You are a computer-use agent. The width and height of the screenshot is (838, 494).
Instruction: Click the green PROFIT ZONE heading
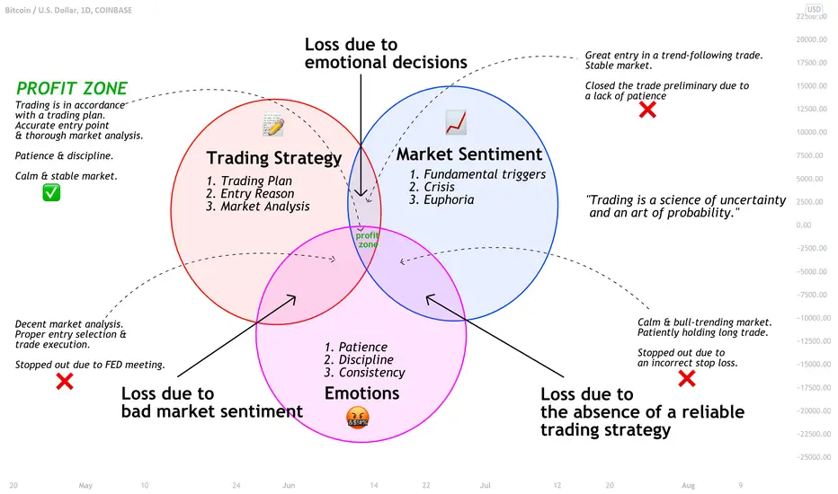(x=72, y=88)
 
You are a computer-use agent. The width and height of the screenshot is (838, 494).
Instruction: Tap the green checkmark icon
(x=51, y=192)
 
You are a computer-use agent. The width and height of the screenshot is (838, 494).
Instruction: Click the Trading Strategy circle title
(x=273, y=158)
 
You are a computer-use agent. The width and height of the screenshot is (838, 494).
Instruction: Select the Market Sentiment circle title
(x=469, y=154)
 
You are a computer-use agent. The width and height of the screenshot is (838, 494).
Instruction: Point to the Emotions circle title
(x=361, y=393)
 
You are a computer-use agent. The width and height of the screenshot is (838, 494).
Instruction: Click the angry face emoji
(x=358, y=417)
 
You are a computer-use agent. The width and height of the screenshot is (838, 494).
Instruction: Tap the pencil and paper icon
(x=273, y=125)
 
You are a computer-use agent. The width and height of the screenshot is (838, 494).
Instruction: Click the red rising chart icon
(x=456, y=122)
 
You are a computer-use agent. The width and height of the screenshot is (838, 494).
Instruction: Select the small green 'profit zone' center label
(x=367, y=240)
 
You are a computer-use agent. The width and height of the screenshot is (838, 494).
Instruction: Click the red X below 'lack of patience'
(x=647, y=110)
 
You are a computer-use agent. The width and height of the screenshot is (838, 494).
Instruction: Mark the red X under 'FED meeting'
(x=65, y=382)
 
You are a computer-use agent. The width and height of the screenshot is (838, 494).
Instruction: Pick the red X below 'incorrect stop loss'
(x=687, y=379)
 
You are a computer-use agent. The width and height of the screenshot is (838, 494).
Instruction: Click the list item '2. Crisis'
(x=432, y=187)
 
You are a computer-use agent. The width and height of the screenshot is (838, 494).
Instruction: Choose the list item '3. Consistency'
(x=364, y=372)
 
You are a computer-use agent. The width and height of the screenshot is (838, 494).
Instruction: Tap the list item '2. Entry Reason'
(x=250, y=193)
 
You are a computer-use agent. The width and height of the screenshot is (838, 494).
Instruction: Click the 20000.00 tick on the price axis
(x=811, y=40)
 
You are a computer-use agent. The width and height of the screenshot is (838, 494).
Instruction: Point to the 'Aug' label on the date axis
(x=689, y=485)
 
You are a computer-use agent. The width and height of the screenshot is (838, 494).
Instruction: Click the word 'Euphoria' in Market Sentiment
(x=449, y=199)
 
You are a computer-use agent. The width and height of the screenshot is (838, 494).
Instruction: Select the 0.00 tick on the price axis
(x=804, y=225)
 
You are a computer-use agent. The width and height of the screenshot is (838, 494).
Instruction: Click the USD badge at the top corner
(x=814, y=9)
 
